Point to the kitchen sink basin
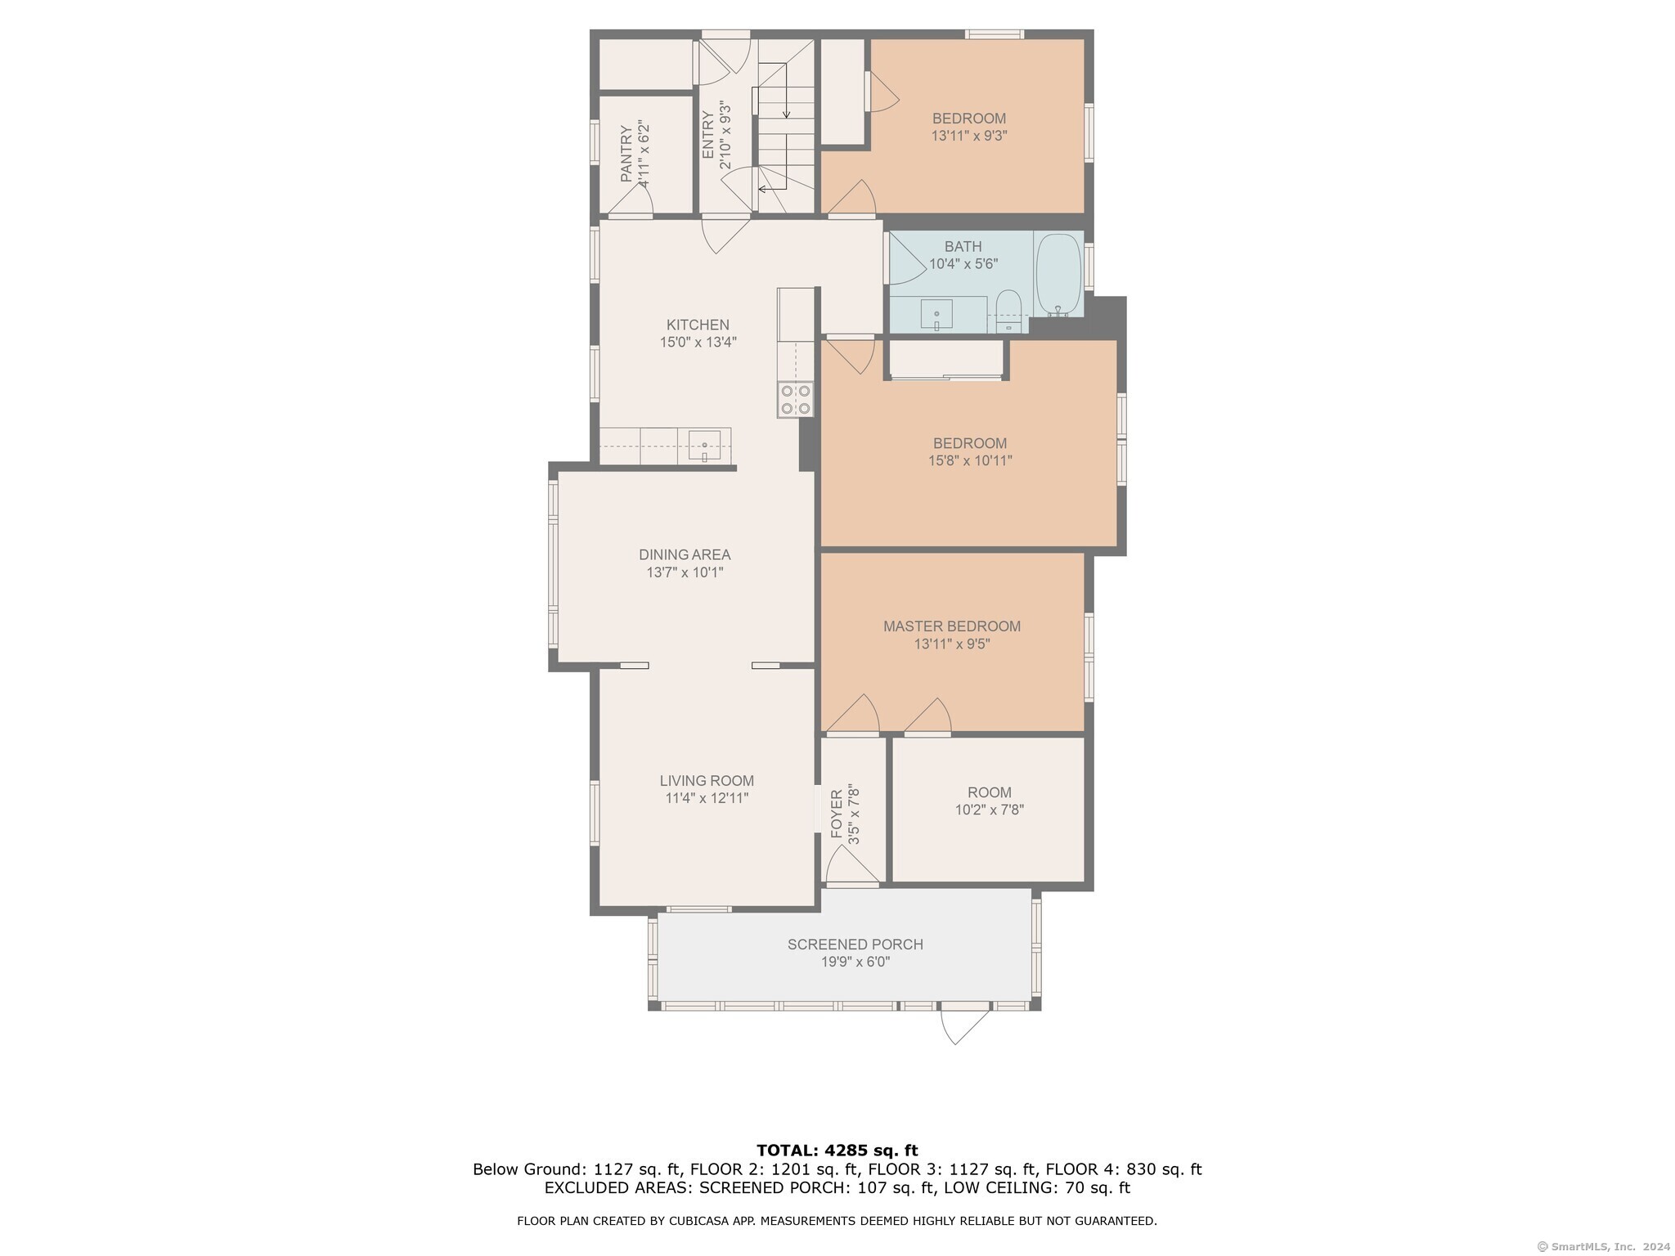tap(704, 446)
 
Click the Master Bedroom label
tap(952, 626)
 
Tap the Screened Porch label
tap(855, 944)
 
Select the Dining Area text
tap(685, 554)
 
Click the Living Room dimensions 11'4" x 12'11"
tap(707, 798)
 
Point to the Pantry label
tap(626, 154)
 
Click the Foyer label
tap(837, 814)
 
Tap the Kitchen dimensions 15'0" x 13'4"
tap(698, 343)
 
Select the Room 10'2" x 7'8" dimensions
tap(990, 810)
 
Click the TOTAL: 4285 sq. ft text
tap(837, 1151)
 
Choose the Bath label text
tap(963, 246)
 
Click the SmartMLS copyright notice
tap(1603, 1246)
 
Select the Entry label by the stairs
tap(708, 135)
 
